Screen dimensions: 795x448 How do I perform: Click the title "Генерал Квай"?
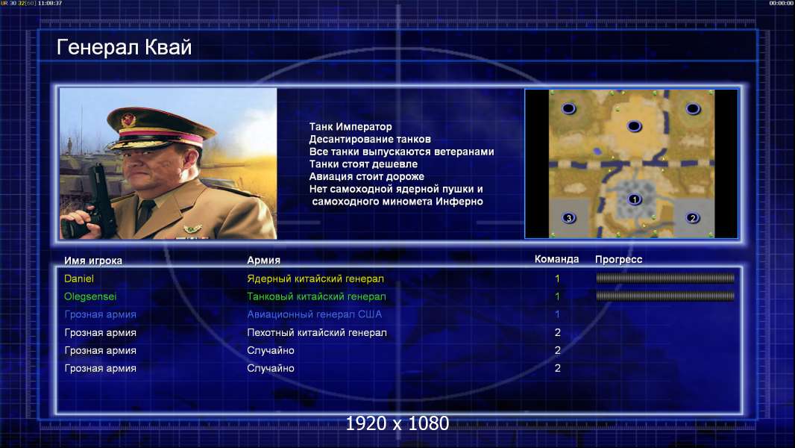(x=125, y=48)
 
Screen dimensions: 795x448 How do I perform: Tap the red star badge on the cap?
(x=128, y=120)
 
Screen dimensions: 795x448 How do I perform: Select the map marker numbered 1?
(x=634, y=199)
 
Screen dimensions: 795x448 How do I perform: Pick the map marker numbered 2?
(x=693, y=218)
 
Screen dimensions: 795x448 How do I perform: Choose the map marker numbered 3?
(x=569, y=218)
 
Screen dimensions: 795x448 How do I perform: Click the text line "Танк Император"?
(x=351, y=127)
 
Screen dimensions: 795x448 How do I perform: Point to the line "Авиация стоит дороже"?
(x=367, y=176)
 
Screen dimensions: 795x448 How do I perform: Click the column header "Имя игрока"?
(x=92, y=261)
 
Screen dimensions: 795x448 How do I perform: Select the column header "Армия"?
(x=264, y=261)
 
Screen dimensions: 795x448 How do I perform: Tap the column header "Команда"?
(x=556, y=259)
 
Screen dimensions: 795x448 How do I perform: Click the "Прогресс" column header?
(x=618, y=260)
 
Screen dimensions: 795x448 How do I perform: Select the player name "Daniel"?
(x=78, y=279)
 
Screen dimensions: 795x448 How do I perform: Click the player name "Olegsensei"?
(x=90, y=296)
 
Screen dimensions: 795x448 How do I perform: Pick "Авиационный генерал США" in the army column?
(x=315, y=314)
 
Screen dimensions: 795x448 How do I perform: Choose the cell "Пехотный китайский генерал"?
(x=317, y=333)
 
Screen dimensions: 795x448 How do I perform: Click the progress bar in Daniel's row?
(x=665, y=278)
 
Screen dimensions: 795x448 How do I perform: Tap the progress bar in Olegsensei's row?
(x=665, y=296)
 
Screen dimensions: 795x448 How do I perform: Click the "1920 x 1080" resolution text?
(x=397, y=423)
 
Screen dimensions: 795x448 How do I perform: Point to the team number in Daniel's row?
(x=557, y=279)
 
